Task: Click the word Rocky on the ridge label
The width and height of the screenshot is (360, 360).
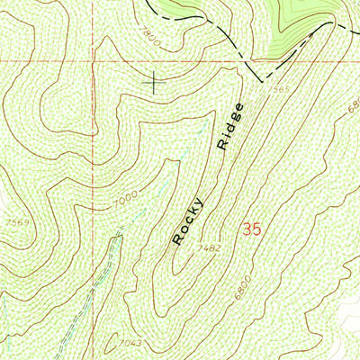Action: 190,221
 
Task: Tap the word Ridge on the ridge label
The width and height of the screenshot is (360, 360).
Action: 229,126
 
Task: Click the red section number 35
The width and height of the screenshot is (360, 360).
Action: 252,230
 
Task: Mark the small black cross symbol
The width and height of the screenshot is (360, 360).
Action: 155,83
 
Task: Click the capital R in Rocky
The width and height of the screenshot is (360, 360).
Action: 178,240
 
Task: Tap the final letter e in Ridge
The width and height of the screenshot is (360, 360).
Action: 239,107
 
